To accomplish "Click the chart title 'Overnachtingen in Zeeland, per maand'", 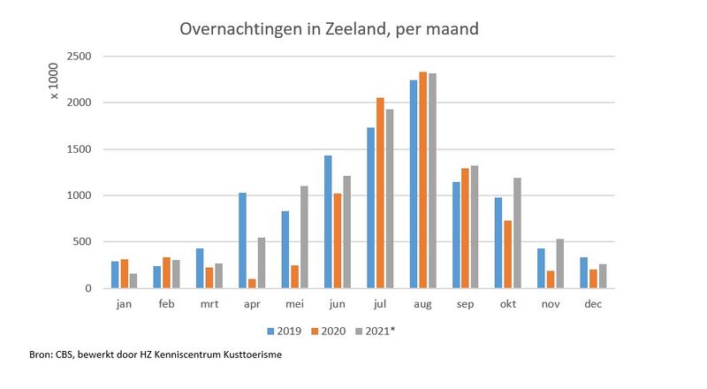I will click(x=329, y=29).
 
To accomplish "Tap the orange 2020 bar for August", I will click(x=423, y=180).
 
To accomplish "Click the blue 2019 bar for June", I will click(x=328, y=222).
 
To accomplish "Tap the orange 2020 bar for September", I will click(x=466, y=228).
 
